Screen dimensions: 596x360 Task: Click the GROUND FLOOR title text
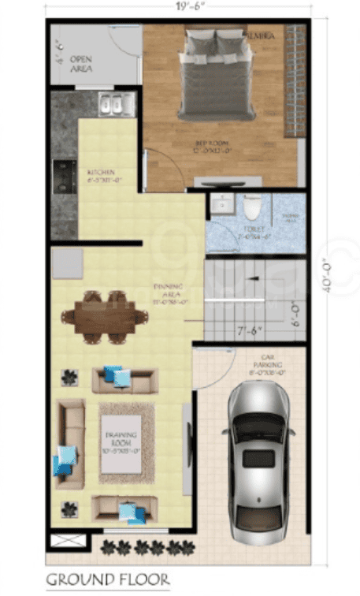point(107,580)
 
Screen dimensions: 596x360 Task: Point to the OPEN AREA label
point(81,64)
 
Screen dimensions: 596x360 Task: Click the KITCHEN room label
point(102,175)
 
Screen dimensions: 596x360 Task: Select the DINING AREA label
point(168,292)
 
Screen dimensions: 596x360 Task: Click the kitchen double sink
point(116,103)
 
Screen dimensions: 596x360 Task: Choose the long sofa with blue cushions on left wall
point(71,445)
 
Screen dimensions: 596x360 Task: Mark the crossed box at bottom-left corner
point(64,543)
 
